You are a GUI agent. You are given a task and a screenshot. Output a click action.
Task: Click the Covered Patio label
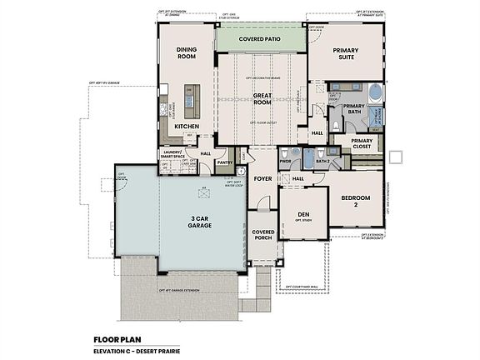260,39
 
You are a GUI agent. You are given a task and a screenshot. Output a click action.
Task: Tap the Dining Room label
187,54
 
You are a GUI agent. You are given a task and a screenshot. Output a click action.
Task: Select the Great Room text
263,100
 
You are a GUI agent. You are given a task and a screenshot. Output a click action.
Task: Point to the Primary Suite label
345,54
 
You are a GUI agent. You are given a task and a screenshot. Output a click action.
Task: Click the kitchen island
189,102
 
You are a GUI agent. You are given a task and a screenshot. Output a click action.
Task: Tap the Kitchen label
187,126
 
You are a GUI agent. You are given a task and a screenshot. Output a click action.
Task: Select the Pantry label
224,162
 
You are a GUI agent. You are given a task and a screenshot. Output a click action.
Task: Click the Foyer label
262,177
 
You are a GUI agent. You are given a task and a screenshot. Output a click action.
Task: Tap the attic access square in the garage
204,188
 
